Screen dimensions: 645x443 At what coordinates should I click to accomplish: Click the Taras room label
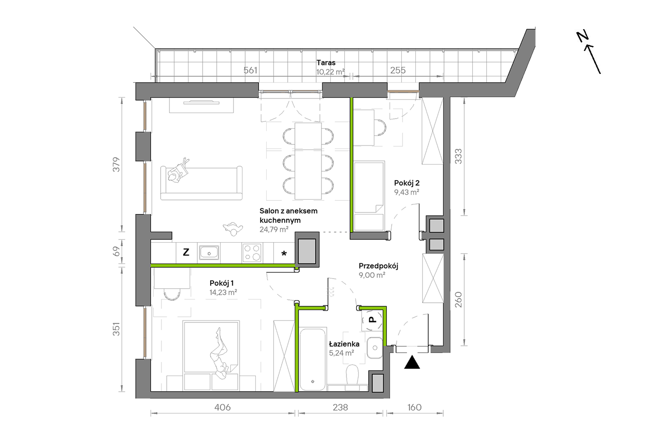[326, 63]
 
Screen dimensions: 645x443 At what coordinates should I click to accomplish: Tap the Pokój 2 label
[407, 183]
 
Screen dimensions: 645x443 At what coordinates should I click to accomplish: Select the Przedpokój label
[378, 266]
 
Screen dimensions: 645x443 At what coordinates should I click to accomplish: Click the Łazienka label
[344, 344]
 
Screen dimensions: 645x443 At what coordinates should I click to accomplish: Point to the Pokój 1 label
[222, 283]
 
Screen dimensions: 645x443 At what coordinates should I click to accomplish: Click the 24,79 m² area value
[274, 229]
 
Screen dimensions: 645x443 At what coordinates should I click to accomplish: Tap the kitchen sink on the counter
[209, 253]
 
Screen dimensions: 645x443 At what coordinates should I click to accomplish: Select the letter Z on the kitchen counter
[186, 252]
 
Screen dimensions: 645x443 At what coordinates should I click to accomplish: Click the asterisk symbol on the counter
[284, 253]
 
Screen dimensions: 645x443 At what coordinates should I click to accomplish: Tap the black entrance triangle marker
[412, 362]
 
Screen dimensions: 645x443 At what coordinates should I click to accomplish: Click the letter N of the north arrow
[583, 36]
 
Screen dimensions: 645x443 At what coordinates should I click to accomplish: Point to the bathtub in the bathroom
[313, 359]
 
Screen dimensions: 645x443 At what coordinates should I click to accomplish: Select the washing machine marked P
[372, 320]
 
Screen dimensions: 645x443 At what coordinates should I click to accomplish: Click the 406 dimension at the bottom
[222, 407]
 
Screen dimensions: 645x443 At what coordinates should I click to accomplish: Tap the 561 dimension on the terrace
[250, 70]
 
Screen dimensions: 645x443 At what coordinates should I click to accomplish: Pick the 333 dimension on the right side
[458, 156]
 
